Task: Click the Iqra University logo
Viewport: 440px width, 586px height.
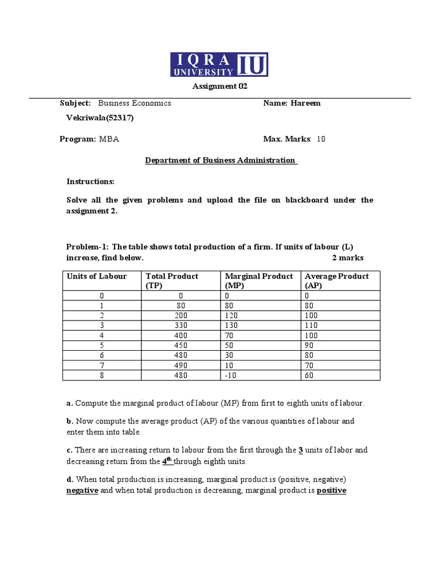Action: tap(219, 65)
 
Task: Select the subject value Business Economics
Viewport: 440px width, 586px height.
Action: tap(135, 103)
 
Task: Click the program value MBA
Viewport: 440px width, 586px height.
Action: tap(109, 139)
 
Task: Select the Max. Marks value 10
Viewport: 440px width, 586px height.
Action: tap(321, 139)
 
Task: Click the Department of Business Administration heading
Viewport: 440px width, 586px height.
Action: tap(221, 160)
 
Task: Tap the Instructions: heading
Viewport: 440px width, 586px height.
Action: tap(91, 181)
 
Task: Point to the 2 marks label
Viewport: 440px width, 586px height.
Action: tap(348, 258)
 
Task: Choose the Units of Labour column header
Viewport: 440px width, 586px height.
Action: tap(97, 276)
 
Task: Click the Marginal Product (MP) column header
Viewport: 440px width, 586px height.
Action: tap(259, 280)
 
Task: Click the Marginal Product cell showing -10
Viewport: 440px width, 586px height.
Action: tap(230, 375)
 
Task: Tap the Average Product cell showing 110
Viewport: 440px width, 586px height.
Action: tap(311, 325)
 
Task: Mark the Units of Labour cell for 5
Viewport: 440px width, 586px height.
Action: tap(102, 345)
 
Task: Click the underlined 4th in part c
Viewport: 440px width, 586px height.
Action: tap(167, 461)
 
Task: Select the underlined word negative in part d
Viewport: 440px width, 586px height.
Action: tap(82, 490)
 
